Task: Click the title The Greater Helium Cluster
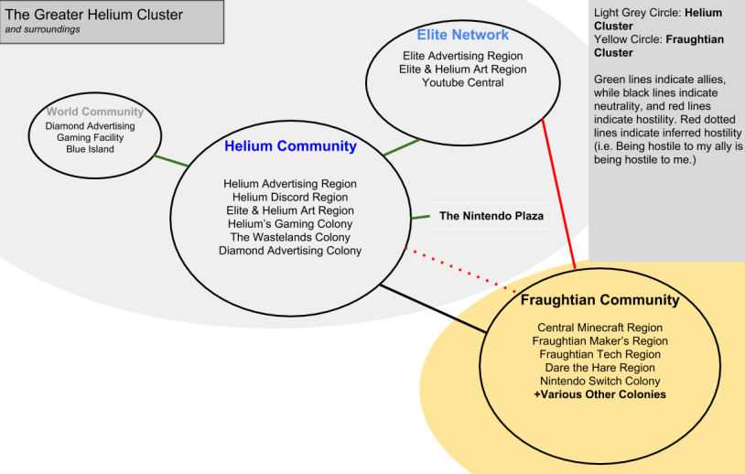[94, 15]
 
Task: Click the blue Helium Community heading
[290, 146]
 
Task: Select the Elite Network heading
[462, 35]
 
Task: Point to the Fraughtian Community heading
[599, 300]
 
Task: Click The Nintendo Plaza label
[491, 217]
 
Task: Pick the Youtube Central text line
[462, 83]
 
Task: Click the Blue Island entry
[90, 149]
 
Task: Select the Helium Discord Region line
[290, 197]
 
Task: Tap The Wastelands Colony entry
[290, 238]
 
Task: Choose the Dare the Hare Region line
[599, 368]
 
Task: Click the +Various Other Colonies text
[599, 395]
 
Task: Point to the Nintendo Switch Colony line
[599, 382]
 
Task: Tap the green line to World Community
[171, 160]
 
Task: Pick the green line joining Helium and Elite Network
[401, 146]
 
